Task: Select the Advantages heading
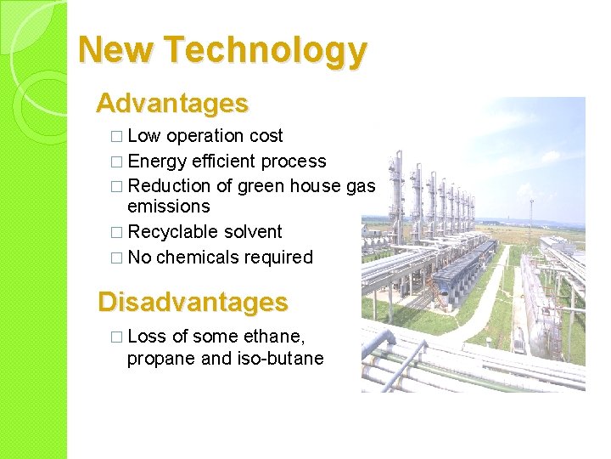172,104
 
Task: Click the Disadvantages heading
193,302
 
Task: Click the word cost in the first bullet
266,136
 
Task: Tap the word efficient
225,161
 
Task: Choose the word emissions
168,207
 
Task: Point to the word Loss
147,337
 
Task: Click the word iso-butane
284,358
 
